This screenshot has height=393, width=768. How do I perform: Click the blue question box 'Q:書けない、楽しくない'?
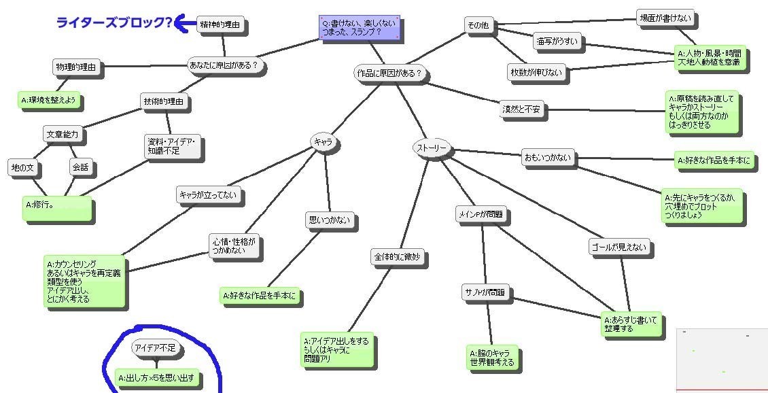pos(359,29)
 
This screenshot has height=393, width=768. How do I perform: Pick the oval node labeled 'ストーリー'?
pos(431,148)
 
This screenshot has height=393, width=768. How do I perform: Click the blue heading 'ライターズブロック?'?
pos(114,23)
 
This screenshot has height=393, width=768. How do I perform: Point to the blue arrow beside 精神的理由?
pos(184,24)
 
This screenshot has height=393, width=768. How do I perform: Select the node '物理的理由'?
pos(77,67)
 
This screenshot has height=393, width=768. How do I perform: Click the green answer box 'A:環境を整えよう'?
pos(50,101)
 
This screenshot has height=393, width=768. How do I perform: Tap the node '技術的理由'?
pos(164,102)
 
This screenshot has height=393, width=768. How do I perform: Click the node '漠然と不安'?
pos(523,109)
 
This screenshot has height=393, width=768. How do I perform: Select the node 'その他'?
pos(478,25)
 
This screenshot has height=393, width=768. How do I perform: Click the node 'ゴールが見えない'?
pos(619,247)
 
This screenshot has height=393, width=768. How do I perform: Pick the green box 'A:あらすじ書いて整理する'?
pos(631,324)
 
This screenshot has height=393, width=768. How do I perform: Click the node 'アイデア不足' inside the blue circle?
pos(155,348)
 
